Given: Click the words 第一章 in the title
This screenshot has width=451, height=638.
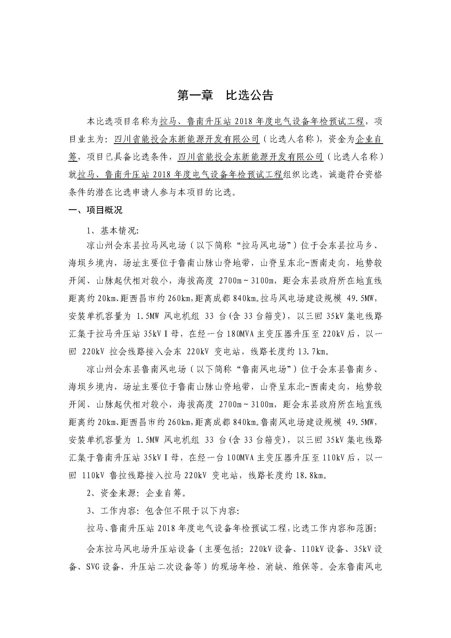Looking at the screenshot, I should (x=195, y=95).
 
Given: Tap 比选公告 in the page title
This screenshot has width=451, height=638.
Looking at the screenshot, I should (x=249, y=95).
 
